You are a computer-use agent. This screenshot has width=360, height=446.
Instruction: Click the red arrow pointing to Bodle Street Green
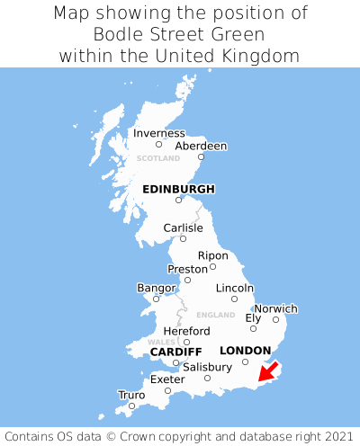tap(267, 371)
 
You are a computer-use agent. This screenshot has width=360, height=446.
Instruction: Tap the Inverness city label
tap(158, 134)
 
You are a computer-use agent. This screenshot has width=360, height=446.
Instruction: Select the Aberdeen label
tap(201, 147)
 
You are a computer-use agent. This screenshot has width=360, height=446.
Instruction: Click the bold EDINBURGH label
tap(178, 190)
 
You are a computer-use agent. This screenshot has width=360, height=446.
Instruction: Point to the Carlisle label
tap(183, 228)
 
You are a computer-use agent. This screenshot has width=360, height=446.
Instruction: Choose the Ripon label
tap(212, 255)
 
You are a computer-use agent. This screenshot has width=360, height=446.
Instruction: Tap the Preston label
tap(187, 269)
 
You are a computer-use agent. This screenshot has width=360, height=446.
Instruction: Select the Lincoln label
tap(235, 288)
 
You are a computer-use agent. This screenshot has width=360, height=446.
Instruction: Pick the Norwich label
tap(275, 308)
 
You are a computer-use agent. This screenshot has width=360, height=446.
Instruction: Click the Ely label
tap(253, 318)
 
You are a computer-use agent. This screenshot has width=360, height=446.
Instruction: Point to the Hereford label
tap(186, 331)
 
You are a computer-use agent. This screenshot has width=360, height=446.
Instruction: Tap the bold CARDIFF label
tap(175, 351)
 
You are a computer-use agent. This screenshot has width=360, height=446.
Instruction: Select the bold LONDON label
tap(245, 351)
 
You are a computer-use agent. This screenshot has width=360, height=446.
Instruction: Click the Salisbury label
tap(207, 367)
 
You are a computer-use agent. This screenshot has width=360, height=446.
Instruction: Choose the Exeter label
tap(167, 379)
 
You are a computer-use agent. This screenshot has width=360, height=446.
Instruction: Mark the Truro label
tap(131, 395)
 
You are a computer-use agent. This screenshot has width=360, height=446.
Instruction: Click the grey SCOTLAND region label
tap(158, 158)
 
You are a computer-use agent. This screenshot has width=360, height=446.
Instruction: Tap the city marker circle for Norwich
tap(275, 319)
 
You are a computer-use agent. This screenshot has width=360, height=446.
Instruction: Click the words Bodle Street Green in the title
tap(180, 35)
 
